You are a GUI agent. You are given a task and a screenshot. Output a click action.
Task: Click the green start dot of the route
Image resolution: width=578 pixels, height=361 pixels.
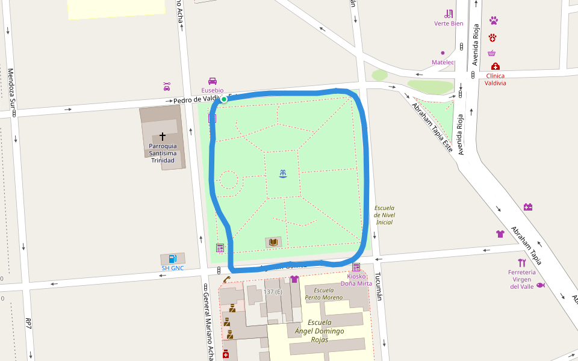coord(223,99)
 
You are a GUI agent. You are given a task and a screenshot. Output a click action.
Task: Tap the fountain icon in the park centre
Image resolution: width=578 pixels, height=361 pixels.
coord(283,174)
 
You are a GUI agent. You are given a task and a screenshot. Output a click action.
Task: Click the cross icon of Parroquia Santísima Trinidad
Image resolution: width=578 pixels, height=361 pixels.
coord(163,137)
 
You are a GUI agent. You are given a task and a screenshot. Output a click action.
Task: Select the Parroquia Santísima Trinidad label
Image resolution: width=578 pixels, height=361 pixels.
coord(163,153)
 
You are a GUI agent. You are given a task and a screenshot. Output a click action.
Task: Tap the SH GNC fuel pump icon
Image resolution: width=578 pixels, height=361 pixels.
coord(173,259)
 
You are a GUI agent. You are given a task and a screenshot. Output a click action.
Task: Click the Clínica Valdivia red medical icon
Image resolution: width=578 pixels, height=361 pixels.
coord(495,66)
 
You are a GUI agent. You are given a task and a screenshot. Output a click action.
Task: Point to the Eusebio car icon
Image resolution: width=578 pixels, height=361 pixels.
coord(213,81)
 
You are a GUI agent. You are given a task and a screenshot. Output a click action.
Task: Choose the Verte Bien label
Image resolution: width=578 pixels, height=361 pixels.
coord(449,23)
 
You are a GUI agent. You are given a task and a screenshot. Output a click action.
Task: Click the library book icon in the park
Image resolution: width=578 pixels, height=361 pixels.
coord(273,242)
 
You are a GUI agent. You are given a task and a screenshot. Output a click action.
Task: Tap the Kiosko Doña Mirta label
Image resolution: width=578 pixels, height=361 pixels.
coord(356,279)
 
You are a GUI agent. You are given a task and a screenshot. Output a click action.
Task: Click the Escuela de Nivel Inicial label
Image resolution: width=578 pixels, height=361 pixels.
coord(384,215)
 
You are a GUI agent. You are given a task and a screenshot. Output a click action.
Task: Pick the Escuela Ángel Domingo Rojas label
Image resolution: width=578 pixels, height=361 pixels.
coord(320,331)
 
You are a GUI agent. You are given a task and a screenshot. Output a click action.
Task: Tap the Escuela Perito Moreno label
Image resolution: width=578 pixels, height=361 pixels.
coord(324,294)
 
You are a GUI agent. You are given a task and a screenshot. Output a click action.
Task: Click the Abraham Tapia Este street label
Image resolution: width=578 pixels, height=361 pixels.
coord(432,127)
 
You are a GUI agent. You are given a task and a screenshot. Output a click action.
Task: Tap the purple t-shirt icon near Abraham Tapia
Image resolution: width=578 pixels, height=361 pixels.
coord(500,234)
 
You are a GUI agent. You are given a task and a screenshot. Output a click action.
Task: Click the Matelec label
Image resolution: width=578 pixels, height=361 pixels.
coord(443,63)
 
